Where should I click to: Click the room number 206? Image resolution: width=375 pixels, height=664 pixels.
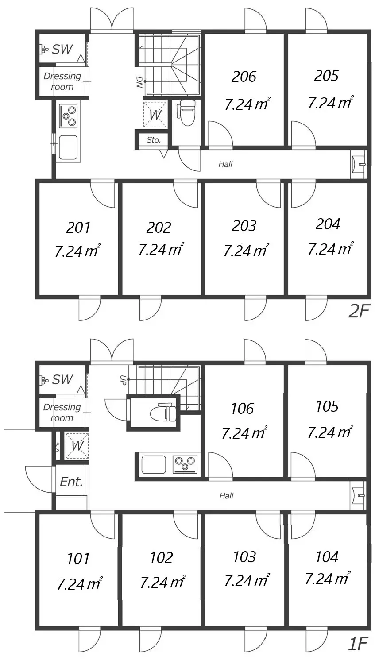[244, 77]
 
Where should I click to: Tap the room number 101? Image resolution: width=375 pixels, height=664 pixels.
[78, 559]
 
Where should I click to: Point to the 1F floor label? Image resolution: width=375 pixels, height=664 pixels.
[358, 643]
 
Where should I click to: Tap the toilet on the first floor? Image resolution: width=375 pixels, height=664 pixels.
[163, 412]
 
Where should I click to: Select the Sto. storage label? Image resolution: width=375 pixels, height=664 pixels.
[154, 140]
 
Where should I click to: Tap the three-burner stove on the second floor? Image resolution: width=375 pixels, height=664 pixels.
[69, 116]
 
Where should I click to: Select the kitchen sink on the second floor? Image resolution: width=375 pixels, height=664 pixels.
[69, 147]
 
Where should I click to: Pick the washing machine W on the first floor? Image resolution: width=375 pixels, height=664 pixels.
[77, 446]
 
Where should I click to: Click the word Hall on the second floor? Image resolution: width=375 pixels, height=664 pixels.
[225, 164]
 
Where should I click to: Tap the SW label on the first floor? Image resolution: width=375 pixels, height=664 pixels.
[62, 379]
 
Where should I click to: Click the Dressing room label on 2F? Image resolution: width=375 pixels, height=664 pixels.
[62, 81]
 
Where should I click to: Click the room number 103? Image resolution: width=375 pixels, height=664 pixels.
[244, 557]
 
